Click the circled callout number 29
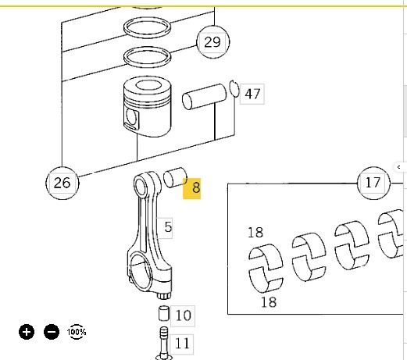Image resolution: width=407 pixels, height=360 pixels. click(x=212, y=42)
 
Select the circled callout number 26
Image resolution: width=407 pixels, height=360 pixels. click(x=62, y=183)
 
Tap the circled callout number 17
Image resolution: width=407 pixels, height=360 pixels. click(x=373, y=183)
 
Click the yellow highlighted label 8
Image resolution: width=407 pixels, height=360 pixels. click(x=192, y=188)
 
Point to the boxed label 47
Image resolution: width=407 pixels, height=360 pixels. click(x=252, y=94)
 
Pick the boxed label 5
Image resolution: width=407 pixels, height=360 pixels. click(x=165, y=227)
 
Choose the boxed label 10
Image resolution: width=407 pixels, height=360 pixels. click(x=183, y=315)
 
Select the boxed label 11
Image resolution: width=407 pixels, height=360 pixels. click(x=182, y=344)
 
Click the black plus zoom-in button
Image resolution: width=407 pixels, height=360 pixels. click(x=27, y=332)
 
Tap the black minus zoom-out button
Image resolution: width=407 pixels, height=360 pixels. click(x=52, y=332)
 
